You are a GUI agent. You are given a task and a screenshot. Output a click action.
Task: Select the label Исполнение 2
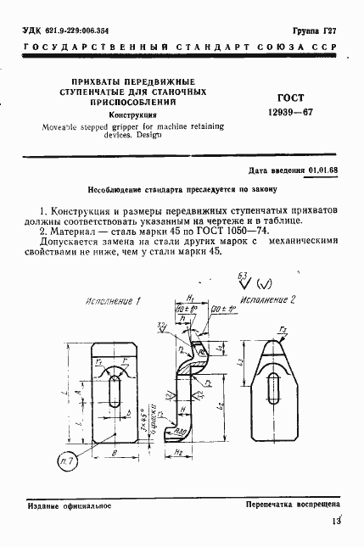pyautogui.click(x=268, y=299)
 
